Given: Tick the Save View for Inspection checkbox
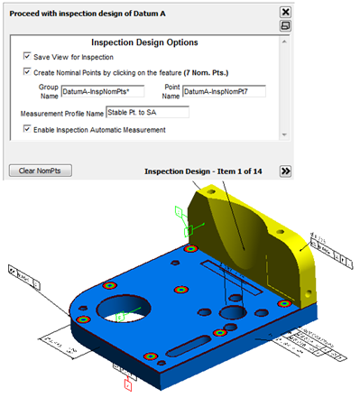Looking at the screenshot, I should click(27, 57).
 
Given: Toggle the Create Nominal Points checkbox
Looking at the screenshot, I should click(27, 72).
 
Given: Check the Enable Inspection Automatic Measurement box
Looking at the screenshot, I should click(27, 130).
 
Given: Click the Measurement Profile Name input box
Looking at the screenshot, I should click(146, 113).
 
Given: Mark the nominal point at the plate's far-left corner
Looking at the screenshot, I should click(83, 319).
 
